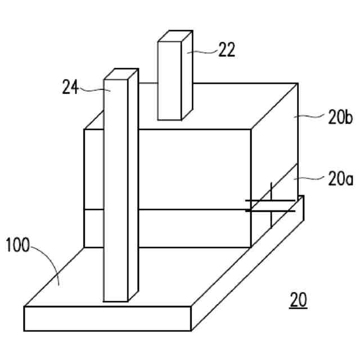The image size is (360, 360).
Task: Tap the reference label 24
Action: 70,87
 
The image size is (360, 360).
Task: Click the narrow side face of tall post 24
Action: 133,186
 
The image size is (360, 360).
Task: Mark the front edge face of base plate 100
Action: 107,318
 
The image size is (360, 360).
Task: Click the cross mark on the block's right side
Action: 271,205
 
